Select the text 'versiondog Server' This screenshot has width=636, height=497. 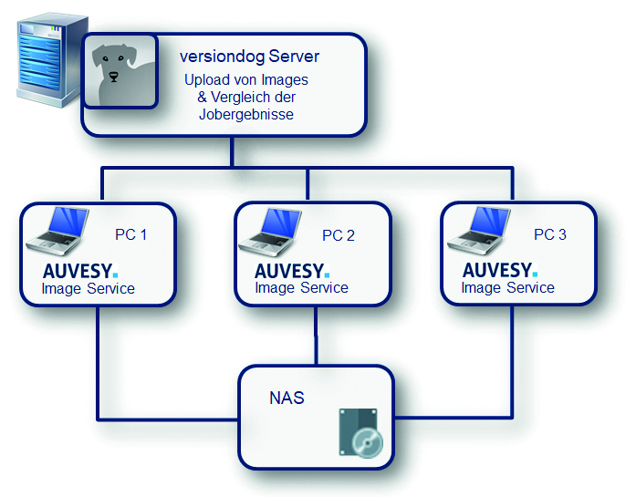pyautogui.click(x=249, y=57)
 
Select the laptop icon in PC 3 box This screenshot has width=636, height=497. pyautogui.click(x=477, y=232)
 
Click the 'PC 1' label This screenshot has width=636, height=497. pyautogui.click(x=131, y=235)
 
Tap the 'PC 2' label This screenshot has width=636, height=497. pyautogui.click(x=339, y=236)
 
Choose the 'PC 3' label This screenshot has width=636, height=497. pyautogui.click(x=549, y=234)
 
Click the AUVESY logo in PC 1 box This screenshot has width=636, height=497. pyautogui.click(x=81, y=271)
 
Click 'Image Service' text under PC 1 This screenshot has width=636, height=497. pyautogui.click(x=88, y=289)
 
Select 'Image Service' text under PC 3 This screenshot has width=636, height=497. pyautogui.click(x=507, y=288)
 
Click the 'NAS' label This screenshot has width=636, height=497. pyautogui.click(x=287, y=399)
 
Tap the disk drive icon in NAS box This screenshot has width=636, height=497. pyautogui.click(x=360, y=434)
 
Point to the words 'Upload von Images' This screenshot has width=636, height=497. pyautogui.click(x=246, y=80)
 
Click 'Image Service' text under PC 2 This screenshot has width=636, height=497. pyautogui.click(x=301, y=288)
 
